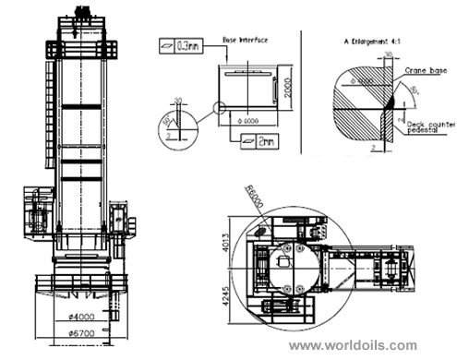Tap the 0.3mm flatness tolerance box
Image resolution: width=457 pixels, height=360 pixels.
tap(178, 44)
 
